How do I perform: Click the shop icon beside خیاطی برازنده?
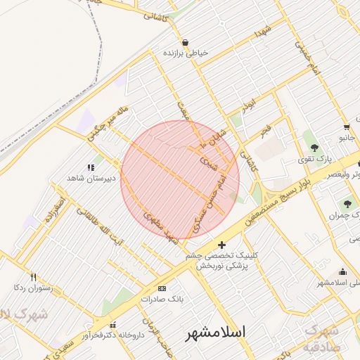pyautogui.click(x=185, y=42)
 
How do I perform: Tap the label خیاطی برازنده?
pyautogui.click(x=185, y=53)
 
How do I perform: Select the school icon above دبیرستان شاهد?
pyautogui.click(x=91, y=167)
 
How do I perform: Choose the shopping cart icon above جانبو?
pyautogui.click(x=347, y=127)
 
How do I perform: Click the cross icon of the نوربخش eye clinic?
pyautogui.click(x=222, y=245)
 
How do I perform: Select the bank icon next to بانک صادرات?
pyautogui.click(x=162, y=288)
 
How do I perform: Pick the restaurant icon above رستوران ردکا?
pyautogui.click(x=33, y=277)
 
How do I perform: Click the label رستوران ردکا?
pyautogui.click(x=29, y=288)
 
